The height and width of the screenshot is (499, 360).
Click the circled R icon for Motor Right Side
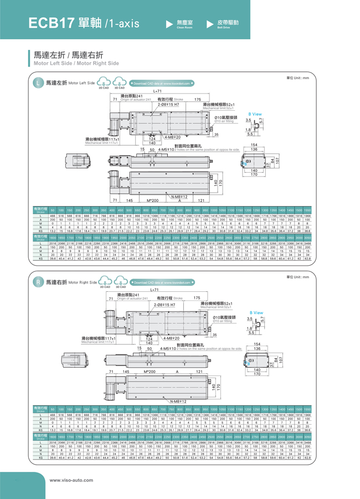38,282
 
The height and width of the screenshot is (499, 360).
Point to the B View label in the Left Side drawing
255,114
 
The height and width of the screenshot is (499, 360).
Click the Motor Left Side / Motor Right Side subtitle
77,64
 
